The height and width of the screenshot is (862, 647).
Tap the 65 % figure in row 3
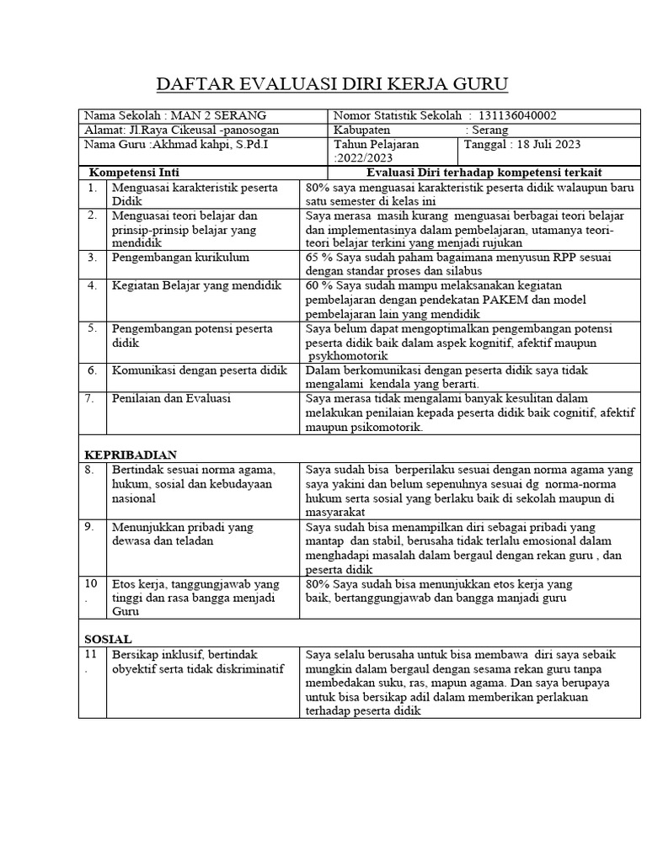coord(318,258)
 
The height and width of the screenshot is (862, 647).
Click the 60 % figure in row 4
coord(318,285)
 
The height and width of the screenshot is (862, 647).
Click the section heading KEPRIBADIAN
coord(131,455)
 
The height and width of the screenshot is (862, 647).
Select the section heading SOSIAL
coord(109,639)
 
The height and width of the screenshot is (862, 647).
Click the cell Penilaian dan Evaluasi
coord(171,398)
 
